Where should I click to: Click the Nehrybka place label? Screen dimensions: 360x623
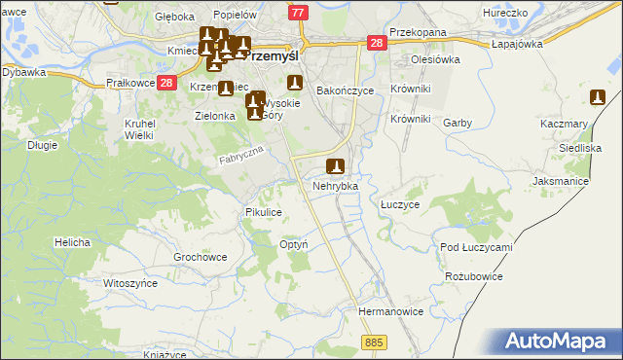(336, 185)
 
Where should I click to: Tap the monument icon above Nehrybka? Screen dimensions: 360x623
(336, 166)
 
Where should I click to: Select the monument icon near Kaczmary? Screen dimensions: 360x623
(598, 97)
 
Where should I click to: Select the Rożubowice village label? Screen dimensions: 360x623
(473, 276)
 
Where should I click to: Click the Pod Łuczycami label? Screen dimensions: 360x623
(476, 247)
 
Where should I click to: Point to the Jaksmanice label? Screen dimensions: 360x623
(563, 182)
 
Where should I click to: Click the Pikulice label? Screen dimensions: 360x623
(264, 211)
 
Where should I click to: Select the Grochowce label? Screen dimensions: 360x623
(200, 258)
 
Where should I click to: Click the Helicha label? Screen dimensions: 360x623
(73, 242)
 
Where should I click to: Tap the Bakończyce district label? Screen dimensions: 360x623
(347, 90)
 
